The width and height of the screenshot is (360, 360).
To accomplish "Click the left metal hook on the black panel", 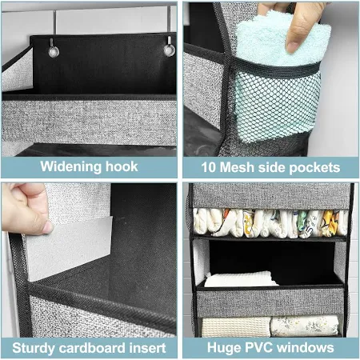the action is [54, 49].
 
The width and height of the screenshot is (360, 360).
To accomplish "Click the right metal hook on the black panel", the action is [170, 47].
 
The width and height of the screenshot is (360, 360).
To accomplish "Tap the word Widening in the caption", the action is [70, 167].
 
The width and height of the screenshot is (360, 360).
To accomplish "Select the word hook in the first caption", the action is [122, 166].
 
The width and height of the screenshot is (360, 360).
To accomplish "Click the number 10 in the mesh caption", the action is [208, 167].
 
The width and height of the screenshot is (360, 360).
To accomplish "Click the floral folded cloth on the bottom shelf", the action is [305, 326].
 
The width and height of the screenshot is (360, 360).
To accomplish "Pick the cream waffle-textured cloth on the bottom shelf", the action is [236, 327].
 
